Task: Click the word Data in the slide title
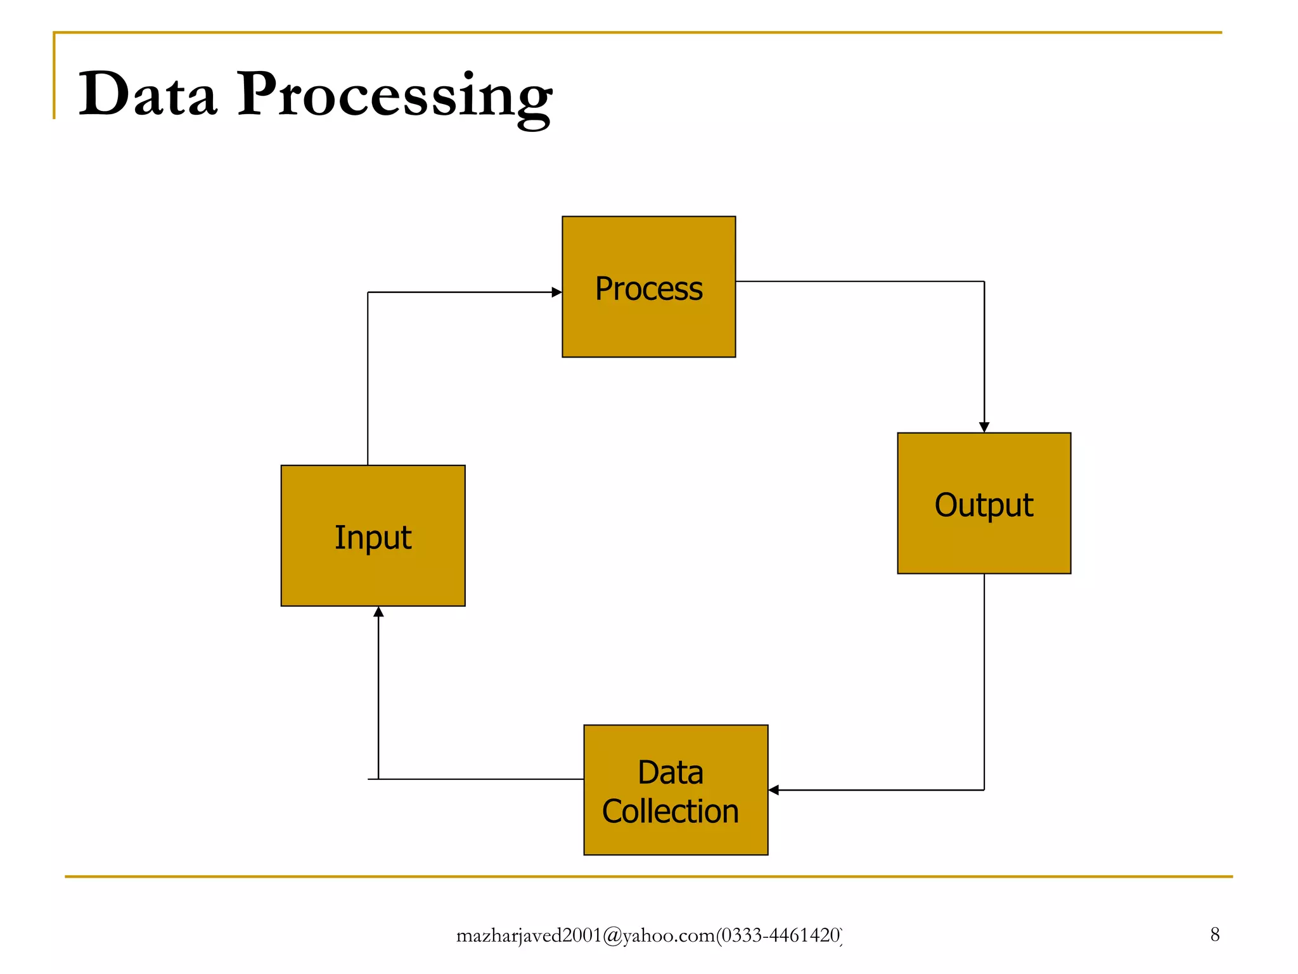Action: click(x=147, y=95)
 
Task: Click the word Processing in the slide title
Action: click(x=394, y=96)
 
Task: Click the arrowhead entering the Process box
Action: click(x=556, y=292)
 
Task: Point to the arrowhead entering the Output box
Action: click(x=984, y=427)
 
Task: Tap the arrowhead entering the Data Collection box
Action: click(x=774, y=790)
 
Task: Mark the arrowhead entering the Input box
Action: click(x=378, y=612)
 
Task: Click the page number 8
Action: click(x=1214, y=935)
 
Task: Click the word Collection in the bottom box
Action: click(x=671, y=812)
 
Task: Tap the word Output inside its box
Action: click(x=984, y=505)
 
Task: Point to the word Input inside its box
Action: click(x=373, y=538)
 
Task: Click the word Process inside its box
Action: click(x=648, y=289)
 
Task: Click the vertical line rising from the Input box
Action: click(x=368, y=380)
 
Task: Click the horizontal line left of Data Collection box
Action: click(x=482, y=779)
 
